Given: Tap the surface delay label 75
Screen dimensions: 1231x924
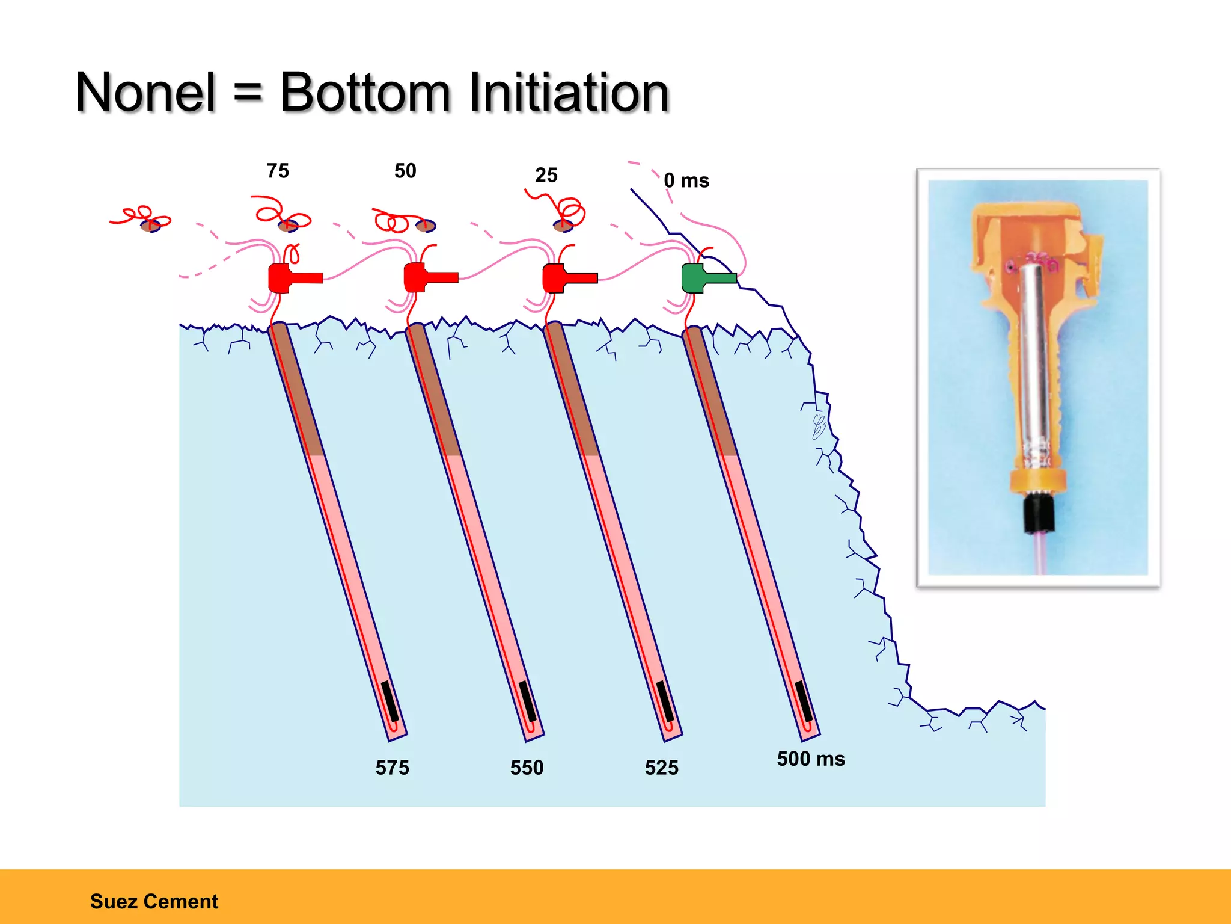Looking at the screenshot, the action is pyautogui.click(x=278, y=171).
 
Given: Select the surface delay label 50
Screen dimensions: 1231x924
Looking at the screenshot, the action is pyautogui.click(x=405, y=171).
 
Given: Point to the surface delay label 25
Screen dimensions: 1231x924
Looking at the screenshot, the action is pyautogui.click(x=546, y=175).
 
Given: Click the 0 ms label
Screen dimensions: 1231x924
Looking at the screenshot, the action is pyautogui.click(x=686, y=180).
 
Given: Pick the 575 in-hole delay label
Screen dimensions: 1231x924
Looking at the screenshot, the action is pyautogui.click(x=392, y=768).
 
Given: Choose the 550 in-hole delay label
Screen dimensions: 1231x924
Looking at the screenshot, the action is pyautogui.click(x=527, y=768).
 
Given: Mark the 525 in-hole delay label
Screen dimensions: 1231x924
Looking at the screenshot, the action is pyautogui.click(x=661, y=768).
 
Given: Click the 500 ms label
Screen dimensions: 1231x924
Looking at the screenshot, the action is pyautogui.click(x=811, y=759).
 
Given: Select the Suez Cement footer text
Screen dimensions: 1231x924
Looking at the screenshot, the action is pyautogui.click(x=154, y=901).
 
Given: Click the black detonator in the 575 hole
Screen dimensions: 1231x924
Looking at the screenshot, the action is pyautogui.click(x=390, y=701).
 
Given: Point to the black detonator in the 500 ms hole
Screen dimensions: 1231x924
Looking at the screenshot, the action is pyautogui.click(x=804, y=701).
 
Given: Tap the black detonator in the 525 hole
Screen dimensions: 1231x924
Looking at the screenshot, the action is pyautogui.click(x=665, y=701).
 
